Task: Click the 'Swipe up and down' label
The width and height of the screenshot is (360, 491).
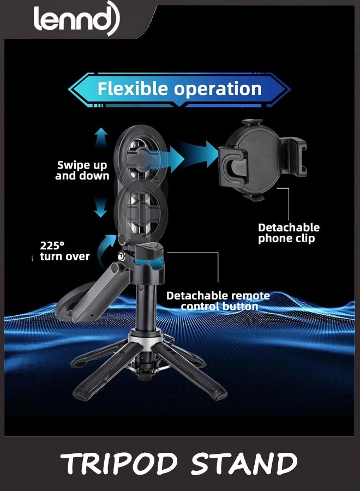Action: pyautogui.click(x=82, y=170)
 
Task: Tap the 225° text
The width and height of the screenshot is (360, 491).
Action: pyautogui.click(x=52, y=245)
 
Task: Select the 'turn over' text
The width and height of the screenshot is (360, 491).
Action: pyautogui.click(x=65, y=256)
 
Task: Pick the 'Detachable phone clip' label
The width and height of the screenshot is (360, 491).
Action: pyautogui.click(x=289, y=232)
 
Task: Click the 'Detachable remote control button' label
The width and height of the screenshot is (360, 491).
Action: pyautogui.click(x=218, y=301)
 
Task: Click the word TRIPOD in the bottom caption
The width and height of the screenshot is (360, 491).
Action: pyautogui.click(x=123, y=464)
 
